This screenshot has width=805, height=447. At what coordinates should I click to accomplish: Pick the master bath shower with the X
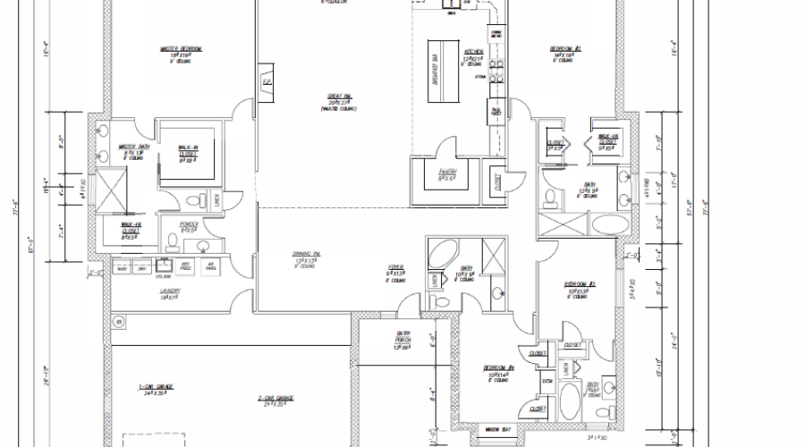[x=109, y=190]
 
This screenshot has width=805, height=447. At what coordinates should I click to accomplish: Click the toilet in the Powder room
[x=174, y=240]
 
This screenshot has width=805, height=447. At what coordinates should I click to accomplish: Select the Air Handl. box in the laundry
[x=211, y=266]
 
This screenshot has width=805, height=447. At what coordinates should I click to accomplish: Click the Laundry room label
[x=171, y=291]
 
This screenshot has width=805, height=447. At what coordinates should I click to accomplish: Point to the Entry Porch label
[x=402, y=335]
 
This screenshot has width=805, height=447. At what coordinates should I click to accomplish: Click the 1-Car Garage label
[x=156, y=386]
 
